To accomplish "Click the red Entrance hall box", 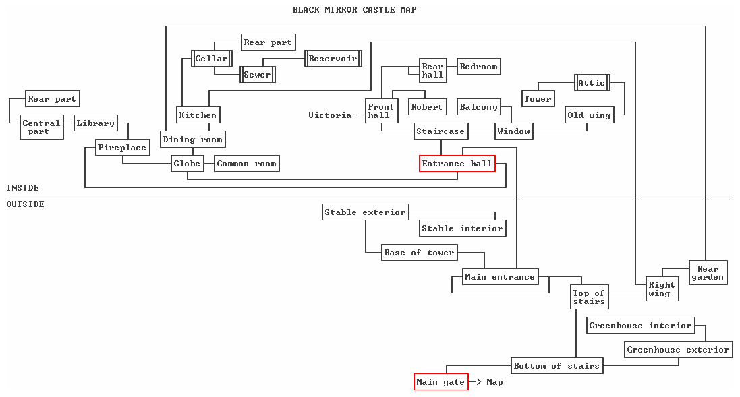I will pos(457,164).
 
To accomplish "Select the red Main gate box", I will pos(441,382).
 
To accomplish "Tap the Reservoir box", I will pos(333,59).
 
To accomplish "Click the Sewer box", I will pos(257,75).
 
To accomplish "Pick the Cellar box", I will pos(211,59).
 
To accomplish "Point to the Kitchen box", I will pos(198,115).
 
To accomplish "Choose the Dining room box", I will pos(192,140).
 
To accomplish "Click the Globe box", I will pos(187,164).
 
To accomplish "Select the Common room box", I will pos(246,164).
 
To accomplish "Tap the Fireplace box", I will pos(122,148).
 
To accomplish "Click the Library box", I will pos(95,123).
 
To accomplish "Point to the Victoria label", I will pos(330,115).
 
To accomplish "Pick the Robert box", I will pos(427,107).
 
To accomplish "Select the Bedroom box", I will pos(478,67).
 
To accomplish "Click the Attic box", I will pos(592,83).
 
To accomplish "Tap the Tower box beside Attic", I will pos(538,99).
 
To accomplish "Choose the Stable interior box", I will pos(462,228).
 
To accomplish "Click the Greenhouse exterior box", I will pos(678,350).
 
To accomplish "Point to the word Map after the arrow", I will pos(494,382).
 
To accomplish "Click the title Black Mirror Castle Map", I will pos(354,10).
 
